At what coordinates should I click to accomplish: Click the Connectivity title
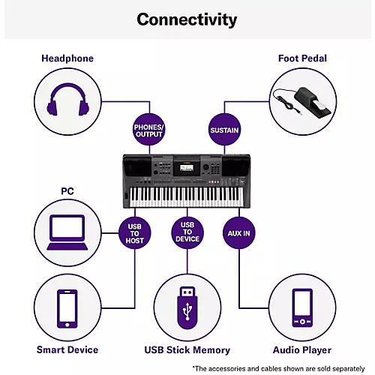coord(187,19)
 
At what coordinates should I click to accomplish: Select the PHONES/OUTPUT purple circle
coord(147,130)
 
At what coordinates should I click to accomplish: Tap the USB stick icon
coord(187,307)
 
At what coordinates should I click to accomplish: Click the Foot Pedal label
coord(302,58)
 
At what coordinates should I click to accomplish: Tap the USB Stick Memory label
coord(187,349)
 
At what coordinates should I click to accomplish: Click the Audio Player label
coord(302,349)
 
